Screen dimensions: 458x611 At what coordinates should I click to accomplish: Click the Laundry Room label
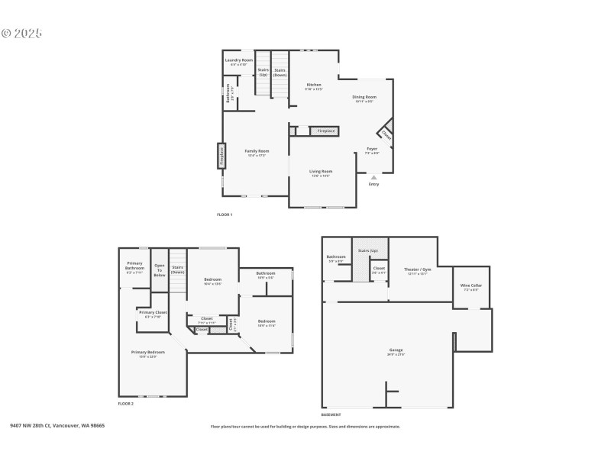238,60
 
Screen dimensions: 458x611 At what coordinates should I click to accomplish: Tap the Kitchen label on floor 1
314,85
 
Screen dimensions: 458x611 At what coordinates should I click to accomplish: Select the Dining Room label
364,97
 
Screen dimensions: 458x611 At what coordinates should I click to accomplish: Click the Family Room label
257,151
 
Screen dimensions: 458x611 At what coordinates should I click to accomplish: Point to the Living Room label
321,172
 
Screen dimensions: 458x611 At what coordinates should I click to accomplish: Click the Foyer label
372,149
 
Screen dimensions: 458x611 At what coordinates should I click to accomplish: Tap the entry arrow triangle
373,177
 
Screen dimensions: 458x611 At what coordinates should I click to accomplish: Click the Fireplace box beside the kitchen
325,131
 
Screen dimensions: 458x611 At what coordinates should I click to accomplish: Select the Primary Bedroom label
148,352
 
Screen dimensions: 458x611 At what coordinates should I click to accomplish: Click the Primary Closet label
153,312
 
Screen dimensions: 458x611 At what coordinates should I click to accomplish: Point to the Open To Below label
160,270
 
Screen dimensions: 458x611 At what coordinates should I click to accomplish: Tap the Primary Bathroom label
135,266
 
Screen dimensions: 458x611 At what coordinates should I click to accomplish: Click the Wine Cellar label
470,285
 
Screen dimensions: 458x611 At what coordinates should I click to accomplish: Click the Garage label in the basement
396,350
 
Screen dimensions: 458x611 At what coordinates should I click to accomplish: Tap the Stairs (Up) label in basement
369,250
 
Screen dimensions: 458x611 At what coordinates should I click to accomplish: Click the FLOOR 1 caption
225,214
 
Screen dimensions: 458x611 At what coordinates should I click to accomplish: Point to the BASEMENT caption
331,414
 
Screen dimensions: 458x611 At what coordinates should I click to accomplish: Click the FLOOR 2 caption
126,403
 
